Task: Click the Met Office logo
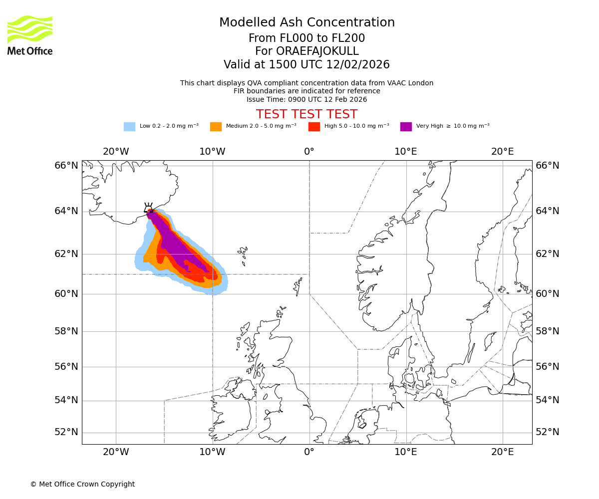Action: point(30,35)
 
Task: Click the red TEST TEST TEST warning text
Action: point(306,114)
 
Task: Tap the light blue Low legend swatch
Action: point(129,126)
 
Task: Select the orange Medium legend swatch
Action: point(216,126)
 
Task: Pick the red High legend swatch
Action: point(314,126)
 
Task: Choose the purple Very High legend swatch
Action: point(406,126)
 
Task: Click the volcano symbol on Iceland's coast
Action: point(148,209)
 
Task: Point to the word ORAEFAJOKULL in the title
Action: point(317,51)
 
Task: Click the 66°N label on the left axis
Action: point(66,166)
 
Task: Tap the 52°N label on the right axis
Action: point(548,432)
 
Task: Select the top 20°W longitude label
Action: point(116,152)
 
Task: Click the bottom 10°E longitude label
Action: point(406,452)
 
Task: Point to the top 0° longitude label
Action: point(309,152)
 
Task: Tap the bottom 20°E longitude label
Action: point(502,452)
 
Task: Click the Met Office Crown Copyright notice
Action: point(82,484)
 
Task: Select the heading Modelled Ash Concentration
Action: point(306,22)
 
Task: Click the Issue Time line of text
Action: point(306,99)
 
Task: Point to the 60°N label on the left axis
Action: point(66,294)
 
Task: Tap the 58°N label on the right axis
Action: point(548,331)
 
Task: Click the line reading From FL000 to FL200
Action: point(306,38)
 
